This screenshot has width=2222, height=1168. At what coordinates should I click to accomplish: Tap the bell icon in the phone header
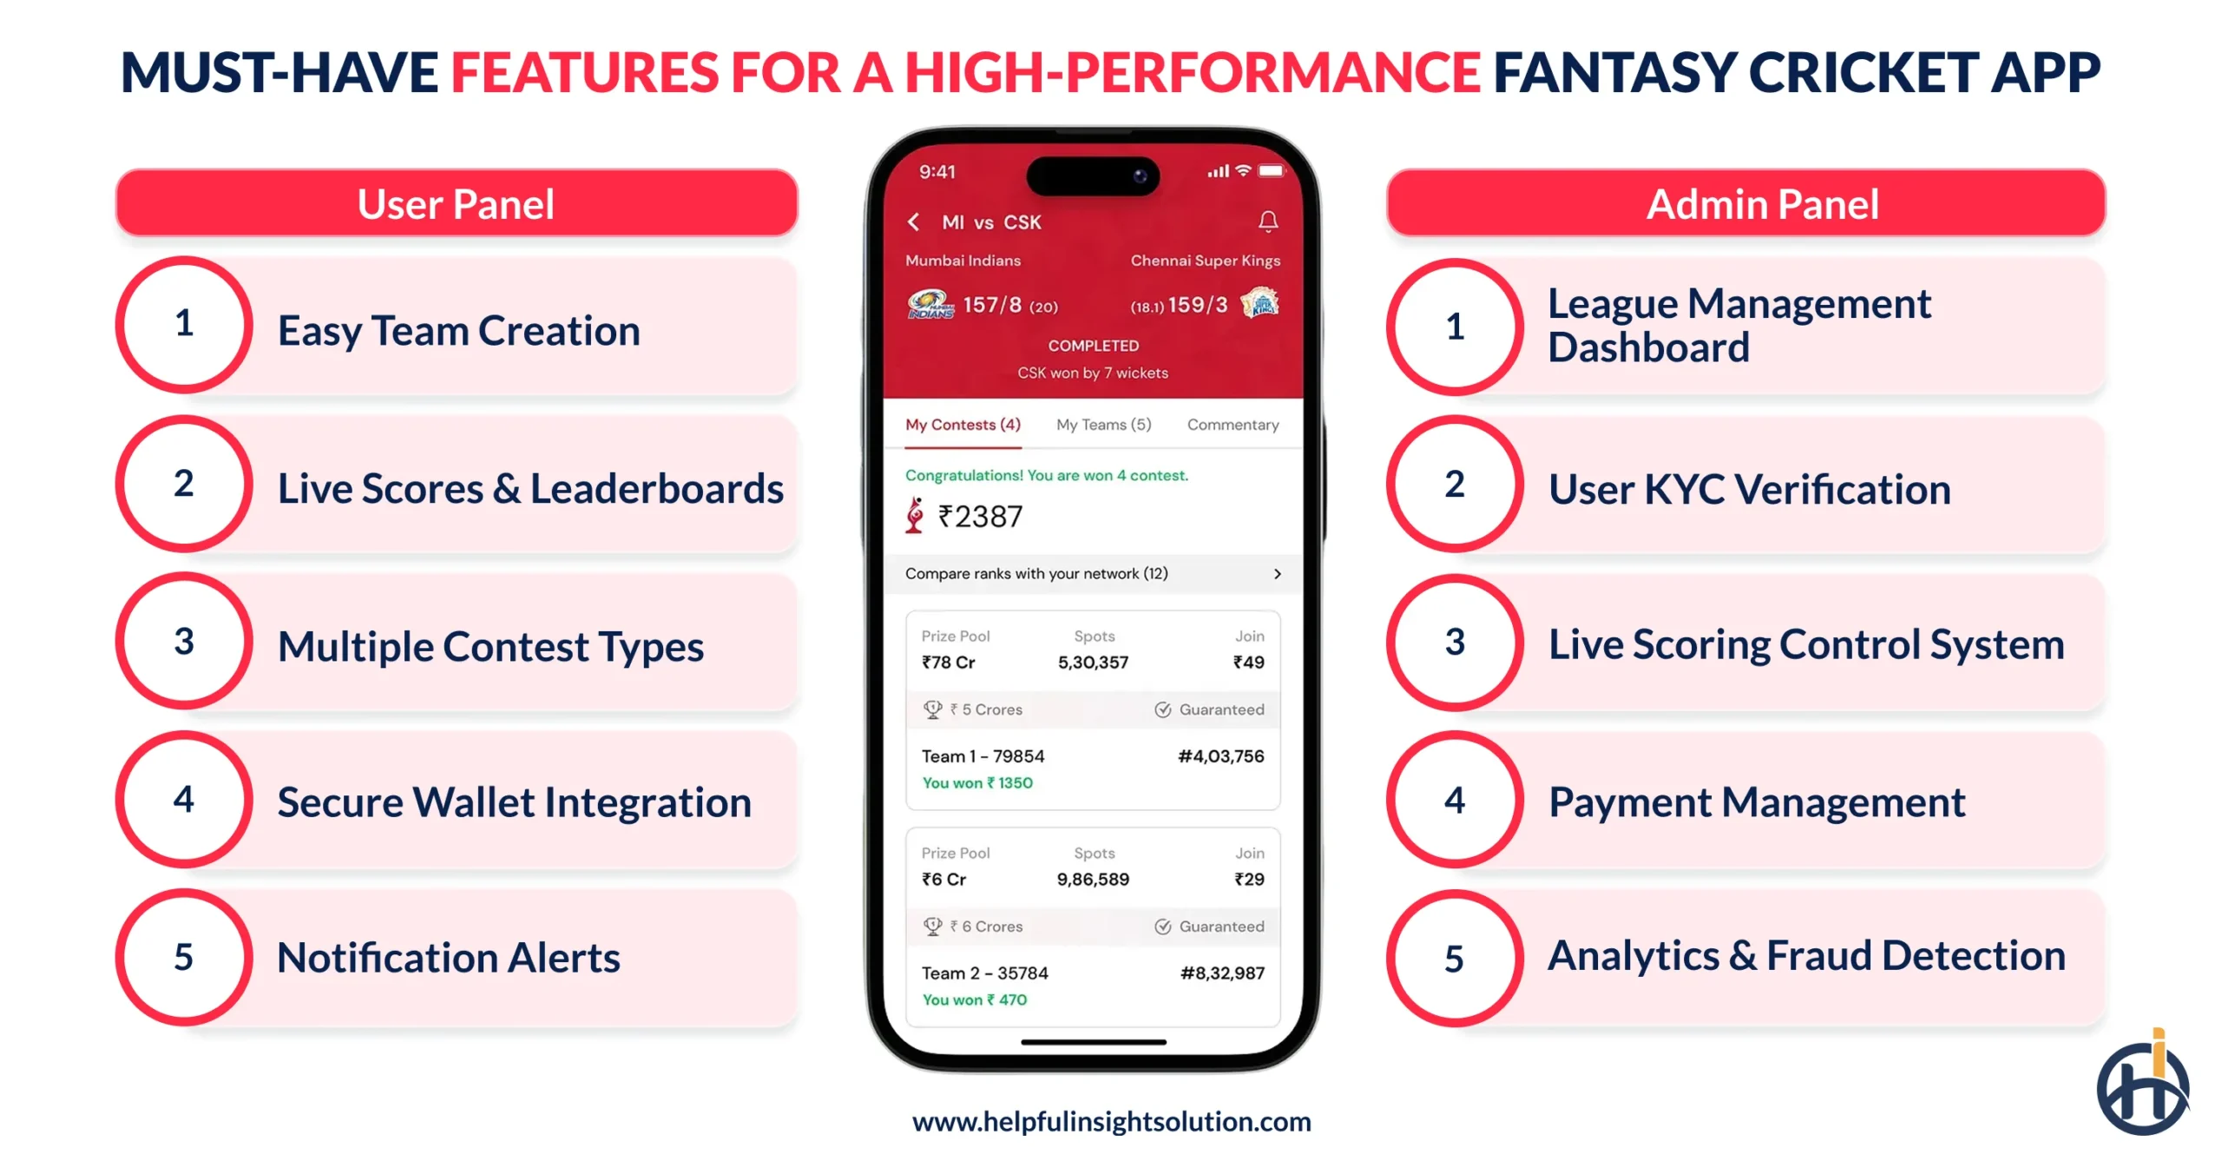1267,221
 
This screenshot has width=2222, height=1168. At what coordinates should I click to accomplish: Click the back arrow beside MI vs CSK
913,222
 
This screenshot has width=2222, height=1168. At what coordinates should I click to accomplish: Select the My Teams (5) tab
1103,425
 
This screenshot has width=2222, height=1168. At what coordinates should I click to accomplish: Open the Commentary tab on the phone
1233,425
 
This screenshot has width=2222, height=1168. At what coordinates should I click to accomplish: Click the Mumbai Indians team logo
930,305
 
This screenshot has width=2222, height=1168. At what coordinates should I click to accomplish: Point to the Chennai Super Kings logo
1260,304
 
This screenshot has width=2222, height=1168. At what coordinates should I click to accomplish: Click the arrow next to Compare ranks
1277,574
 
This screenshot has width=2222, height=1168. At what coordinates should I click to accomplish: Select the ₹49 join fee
1248,663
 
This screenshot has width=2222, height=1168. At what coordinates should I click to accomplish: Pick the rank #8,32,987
1221,973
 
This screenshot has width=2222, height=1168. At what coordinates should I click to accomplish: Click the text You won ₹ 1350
977,783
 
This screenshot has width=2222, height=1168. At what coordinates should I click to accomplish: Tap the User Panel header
456,204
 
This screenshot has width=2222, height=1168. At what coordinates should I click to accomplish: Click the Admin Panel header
1762,204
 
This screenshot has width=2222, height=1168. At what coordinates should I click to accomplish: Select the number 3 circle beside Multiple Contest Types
184,642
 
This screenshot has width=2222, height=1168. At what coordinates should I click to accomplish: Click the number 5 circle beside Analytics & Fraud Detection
1454,959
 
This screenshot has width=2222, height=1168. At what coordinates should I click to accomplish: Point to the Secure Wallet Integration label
514,802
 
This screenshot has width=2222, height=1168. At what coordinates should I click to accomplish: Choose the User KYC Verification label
1749,489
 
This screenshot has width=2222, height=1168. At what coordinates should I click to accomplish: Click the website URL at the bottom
1111,1122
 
